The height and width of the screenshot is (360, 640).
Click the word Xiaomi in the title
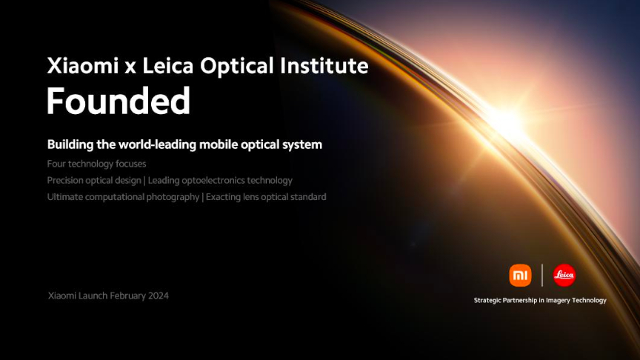click(83, 66)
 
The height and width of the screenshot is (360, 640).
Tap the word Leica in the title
click(167, 66)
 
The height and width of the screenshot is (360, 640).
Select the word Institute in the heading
click(324, 66)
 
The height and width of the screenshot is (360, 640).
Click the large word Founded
click(119, 101)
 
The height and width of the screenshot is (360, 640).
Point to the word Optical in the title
click(237, 67)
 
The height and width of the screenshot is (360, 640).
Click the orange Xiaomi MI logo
click(520, 275)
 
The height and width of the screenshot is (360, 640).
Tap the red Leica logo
click(564, 275)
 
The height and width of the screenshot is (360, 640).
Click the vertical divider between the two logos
click(542, 275)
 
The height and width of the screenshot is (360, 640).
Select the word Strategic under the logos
click(487, 301)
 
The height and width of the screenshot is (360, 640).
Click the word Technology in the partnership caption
click(589, 301)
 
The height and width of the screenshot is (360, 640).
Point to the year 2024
click(159, 296)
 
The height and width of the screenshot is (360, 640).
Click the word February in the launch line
click(127, 296)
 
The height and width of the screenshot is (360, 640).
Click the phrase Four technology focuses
click(96, 164)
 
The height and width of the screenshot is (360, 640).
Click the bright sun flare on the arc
click(505, 121)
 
